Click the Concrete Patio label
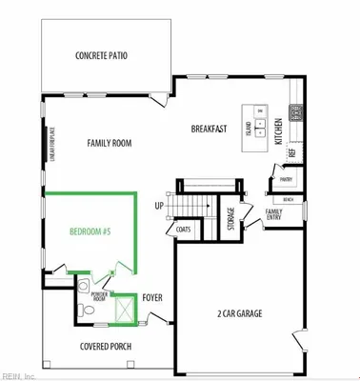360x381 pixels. point(101,55)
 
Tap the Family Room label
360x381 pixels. point(109,144)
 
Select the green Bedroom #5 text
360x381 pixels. point(90,231)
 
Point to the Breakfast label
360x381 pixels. point(208,130)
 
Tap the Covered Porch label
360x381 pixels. point(106,347)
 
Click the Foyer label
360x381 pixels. point(153,298)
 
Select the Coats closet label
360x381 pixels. point(184,230)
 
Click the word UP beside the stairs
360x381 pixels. point(159,206)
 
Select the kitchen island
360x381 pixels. point(257,123)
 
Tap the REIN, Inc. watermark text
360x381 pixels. point(21,374)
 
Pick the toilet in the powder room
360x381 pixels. point(85,286)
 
